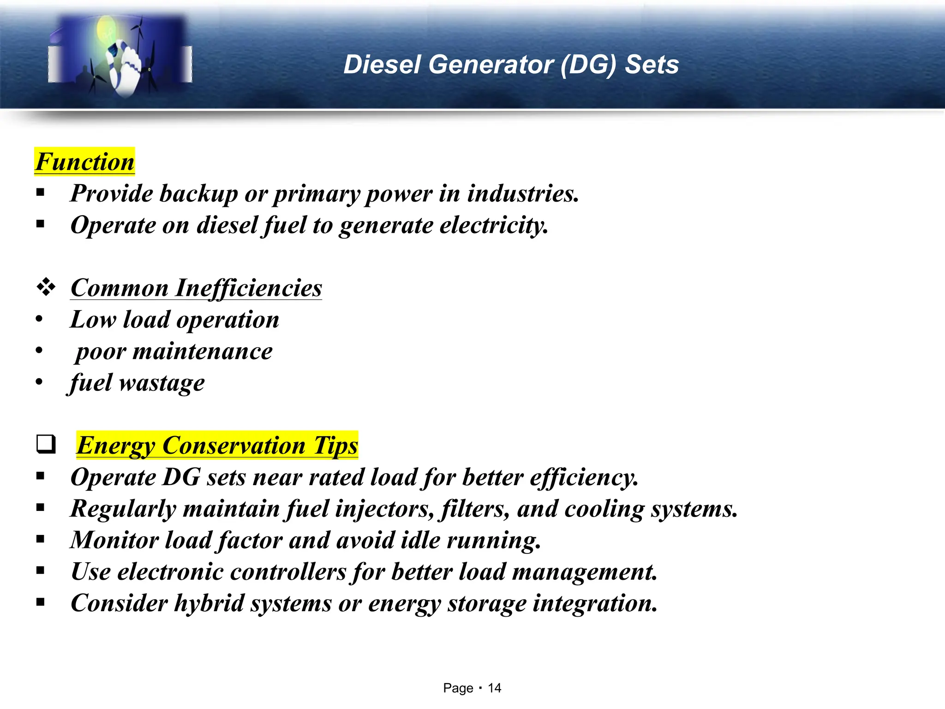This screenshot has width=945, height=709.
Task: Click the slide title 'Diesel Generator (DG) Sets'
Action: pos(511,65)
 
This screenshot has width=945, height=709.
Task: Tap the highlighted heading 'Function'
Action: pos(85,162)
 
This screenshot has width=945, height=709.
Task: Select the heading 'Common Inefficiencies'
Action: pos(196,288)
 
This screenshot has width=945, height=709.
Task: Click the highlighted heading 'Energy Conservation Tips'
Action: pos(217,445)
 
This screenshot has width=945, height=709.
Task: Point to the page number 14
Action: pos(494,688)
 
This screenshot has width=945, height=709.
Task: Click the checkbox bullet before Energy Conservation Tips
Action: pos(46,445)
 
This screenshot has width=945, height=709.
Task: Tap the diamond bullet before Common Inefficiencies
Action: pos(46,288)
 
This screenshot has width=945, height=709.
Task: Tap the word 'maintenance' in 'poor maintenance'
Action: pos(203,352)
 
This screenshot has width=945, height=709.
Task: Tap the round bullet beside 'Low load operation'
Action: pos(39,319)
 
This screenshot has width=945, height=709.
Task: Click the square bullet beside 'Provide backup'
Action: pos(40,193)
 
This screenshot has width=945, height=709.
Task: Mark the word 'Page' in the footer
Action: pos(458,688)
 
